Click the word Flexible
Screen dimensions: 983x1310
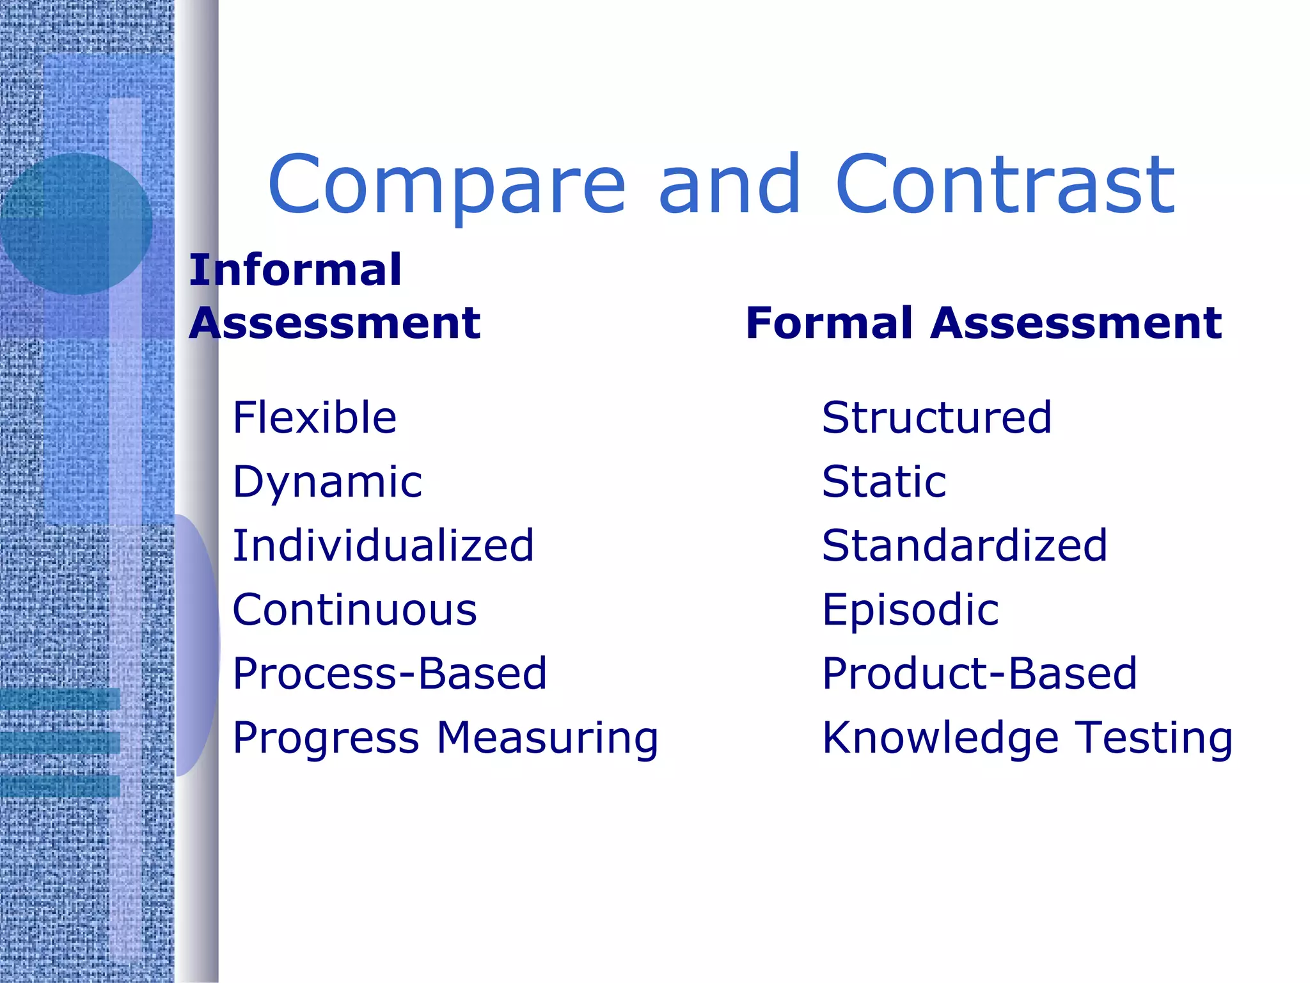(315, 417)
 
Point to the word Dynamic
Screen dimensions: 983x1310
(327, 483)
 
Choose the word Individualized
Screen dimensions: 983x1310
(383, 546)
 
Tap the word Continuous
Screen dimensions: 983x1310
(355, 610)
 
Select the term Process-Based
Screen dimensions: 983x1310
(390, 674)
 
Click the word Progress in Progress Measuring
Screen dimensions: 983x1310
(326, 739)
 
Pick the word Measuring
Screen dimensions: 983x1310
(548, 739)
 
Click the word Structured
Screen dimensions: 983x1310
(936, 417)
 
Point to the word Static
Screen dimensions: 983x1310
(884, 481)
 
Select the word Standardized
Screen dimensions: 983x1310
(965, 546)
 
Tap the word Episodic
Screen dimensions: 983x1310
(910, 610)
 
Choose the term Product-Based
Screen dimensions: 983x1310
(979, 674)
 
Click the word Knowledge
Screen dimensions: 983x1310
(940, 739)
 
